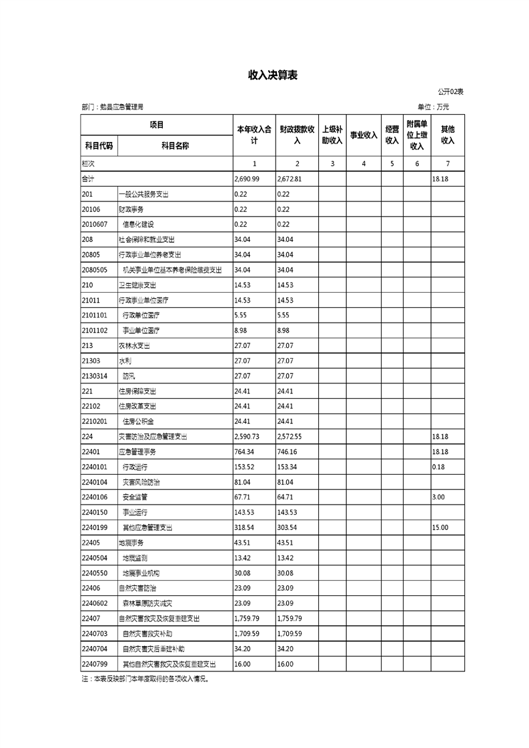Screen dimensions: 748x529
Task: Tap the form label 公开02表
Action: click(450, 91)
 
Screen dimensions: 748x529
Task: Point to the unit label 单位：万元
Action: click(434, 107)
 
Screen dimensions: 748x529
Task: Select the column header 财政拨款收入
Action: click(297, 135)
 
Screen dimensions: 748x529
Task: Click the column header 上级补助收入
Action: click(332, 135)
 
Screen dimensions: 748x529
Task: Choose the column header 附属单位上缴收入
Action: click(417, 135)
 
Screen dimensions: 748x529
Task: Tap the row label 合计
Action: click(88, 179)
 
